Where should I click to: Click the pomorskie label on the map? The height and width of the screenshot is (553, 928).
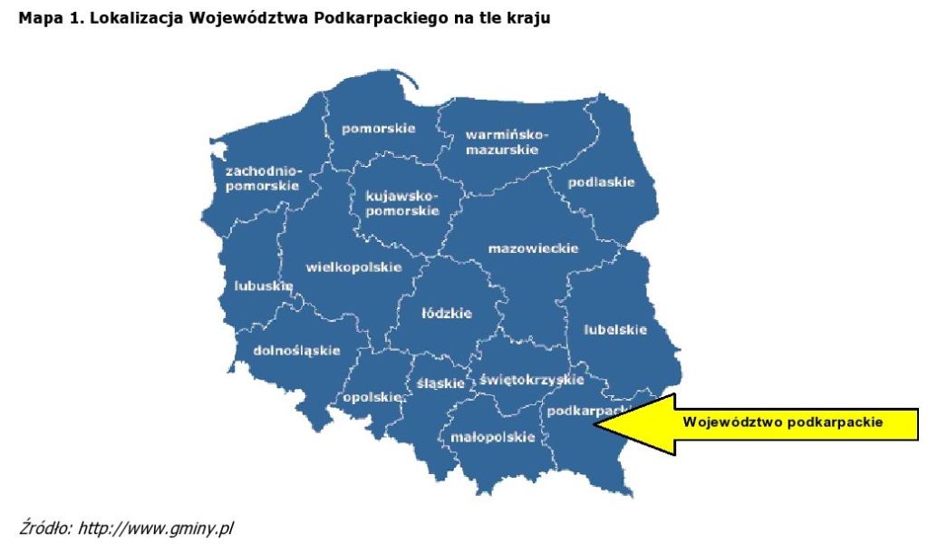pyautogui.click(x=378, y=129)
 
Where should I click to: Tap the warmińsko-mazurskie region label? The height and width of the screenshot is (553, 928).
pyautogui.click(x=507, y=142)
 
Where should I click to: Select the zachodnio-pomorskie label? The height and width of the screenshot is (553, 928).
pyautogui.click(x=262, y=178)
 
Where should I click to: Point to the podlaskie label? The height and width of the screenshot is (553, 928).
pyautogui.click(x=601, y=182)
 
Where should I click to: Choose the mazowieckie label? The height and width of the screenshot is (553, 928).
pyautogui.click(x=533, y=248)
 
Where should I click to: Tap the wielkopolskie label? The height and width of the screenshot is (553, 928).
pyautogui.click(x=353, y=267)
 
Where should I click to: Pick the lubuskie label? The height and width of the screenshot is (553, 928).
pyautogui.click(x=263, y=286)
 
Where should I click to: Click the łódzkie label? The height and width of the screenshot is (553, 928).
pyautogui.click(x=447, y=314)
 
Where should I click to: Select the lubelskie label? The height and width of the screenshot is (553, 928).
pyautogui.click(x=615, y=329)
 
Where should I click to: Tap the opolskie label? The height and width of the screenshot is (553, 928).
pyautogui.click(x=372, y=397)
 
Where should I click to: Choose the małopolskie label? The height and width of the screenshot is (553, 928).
pyautogui.click(x=492, y=437)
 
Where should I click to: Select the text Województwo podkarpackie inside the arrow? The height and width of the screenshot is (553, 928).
pyautogui.click(x=783, y=422)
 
